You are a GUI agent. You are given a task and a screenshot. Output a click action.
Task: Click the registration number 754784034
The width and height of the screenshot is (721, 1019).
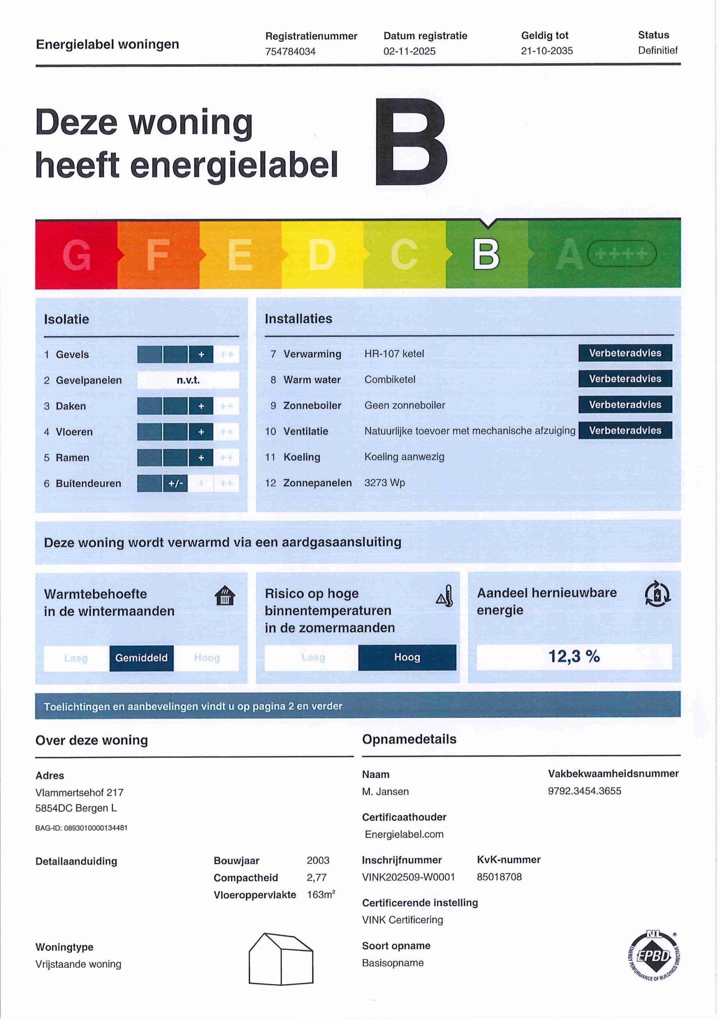[x=290, y=51]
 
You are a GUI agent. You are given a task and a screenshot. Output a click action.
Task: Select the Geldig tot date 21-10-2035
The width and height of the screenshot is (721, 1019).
[x=547, y=51]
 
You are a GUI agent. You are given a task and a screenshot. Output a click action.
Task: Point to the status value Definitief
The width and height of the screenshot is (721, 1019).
[x=658, y=50]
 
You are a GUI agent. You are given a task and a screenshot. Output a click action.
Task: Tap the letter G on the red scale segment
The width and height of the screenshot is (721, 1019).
[x=76, y=255]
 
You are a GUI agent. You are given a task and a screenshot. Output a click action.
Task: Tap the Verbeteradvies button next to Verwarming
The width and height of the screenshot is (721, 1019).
[x=625, y=353]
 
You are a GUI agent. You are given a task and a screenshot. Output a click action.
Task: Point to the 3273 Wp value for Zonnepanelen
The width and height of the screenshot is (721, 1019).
[x=384, y=482]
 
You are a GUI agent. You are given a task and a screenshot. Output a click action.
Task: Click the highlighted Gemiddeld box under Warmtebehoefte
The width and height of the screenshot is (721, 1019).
[x=141, y=658]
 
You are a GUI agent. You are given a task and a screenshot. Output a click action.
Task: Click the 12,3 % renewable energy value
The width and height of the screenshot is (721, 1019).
[x=574, y=656]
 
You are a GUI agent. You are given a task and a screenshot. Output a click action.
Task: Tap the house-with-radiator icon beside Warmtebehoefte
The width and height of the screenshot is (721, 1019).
[x=225, y=596]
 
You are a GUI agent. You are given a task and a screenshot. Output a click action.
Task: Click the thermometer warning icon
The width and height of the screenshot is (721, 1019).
[x=445, y=596]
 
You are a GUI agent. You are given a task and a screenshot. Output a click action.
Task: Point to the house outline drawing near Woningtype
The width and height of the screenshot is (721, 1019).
[x=281, y=959]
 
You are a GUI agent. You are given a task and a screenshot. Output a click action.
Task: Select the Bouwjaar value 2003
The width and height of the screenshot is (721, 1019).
[x=317, y=860]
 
